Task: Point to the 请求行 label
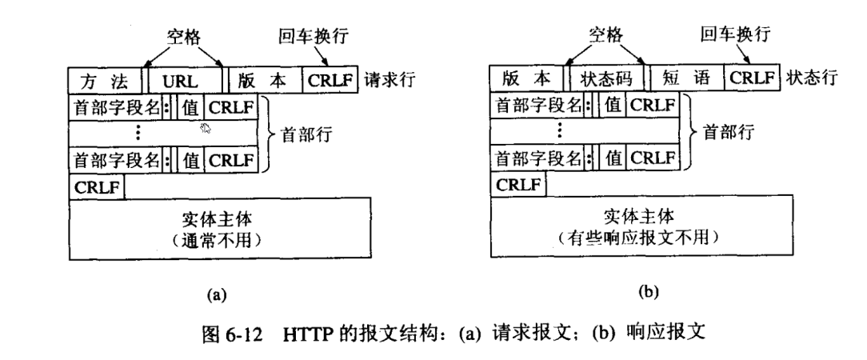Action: tap(389, 81)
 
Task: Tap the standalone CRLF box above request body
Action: tap(98, 186)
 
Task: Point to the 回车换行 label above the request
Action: tap(323, 37)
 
